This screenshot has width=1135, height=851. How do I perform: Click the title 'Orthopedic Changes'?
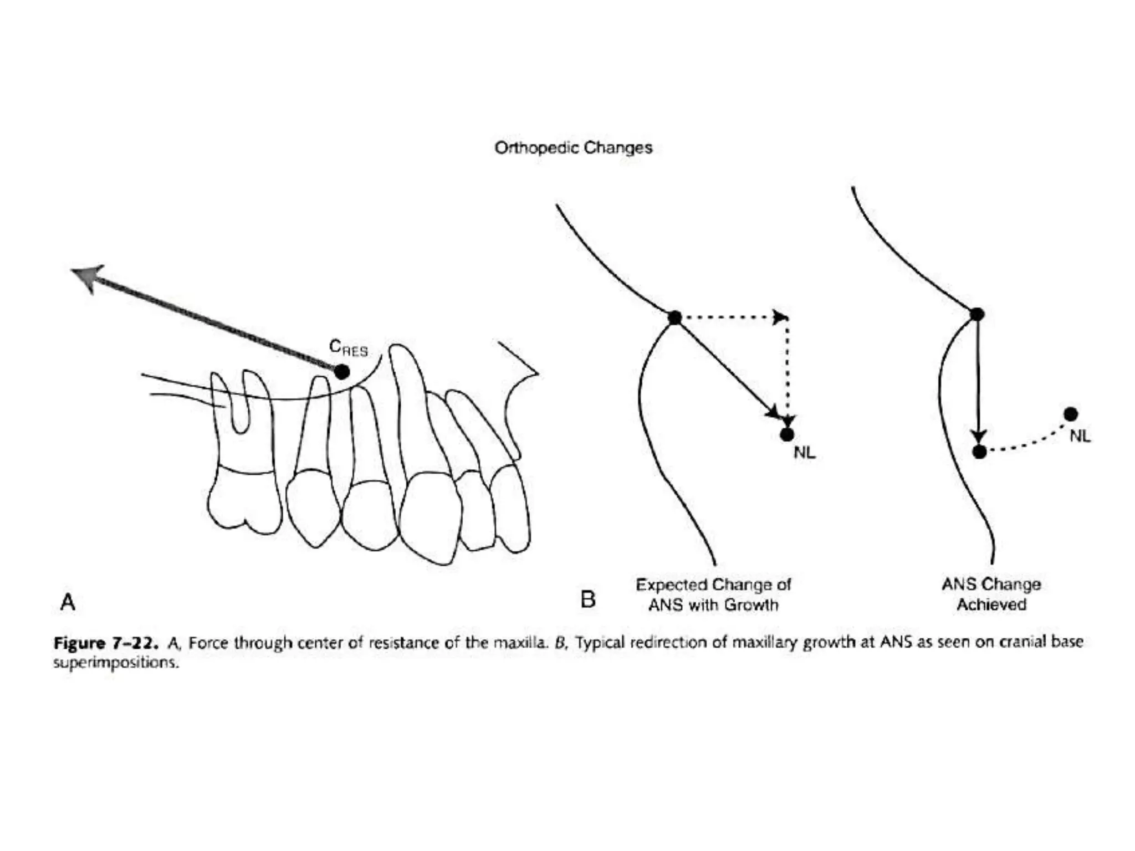(573, 148)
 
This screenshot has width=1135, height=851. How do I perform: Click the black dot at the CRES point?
(342, 372)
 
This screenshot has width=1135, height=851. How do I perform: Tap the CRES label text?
(347, 348)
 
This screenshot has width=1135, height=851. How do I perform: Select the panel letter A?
(68, 602)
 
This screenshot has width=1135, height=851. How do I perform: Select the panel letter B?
(587, 599)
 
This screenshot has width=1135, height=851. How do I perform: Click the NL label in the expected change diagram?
(804, 453)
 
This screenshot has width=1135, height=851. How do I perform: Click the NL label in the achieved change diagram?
(1080, 437)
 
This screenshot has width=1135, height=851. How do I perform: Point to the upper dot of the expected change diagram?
(674, 317)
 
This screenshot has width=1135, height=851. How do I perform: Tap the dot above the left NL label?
(787, 434)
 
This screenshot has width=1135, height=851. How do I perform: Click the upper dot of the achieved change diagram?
(977, 315)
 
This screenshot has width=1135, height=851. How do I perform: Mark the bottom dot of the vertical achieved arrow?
(979, 452)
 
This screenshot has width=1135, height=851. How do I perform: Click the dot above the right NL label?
(1071, 414)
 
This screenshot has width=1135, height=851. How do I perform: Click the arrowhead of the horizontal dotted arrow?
(780, 317)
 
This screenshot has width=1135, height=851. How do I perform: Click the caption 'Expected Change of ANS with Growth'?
(713, 594)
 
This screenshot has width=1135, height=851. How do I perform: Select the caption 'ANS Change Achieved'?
(991, 594)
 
